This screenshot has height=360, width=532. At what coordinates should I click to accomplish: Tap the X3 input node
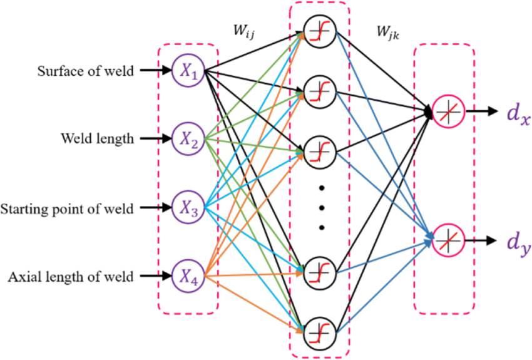[188, 208]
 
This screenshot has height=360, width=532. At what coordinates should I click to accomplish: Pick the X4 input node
[188, 275]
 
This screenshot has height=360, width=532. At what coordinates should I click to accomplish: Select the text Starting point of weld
[67, 208]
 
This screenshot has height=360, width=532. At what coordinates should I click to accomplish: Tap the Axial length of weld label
[71, 275]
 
